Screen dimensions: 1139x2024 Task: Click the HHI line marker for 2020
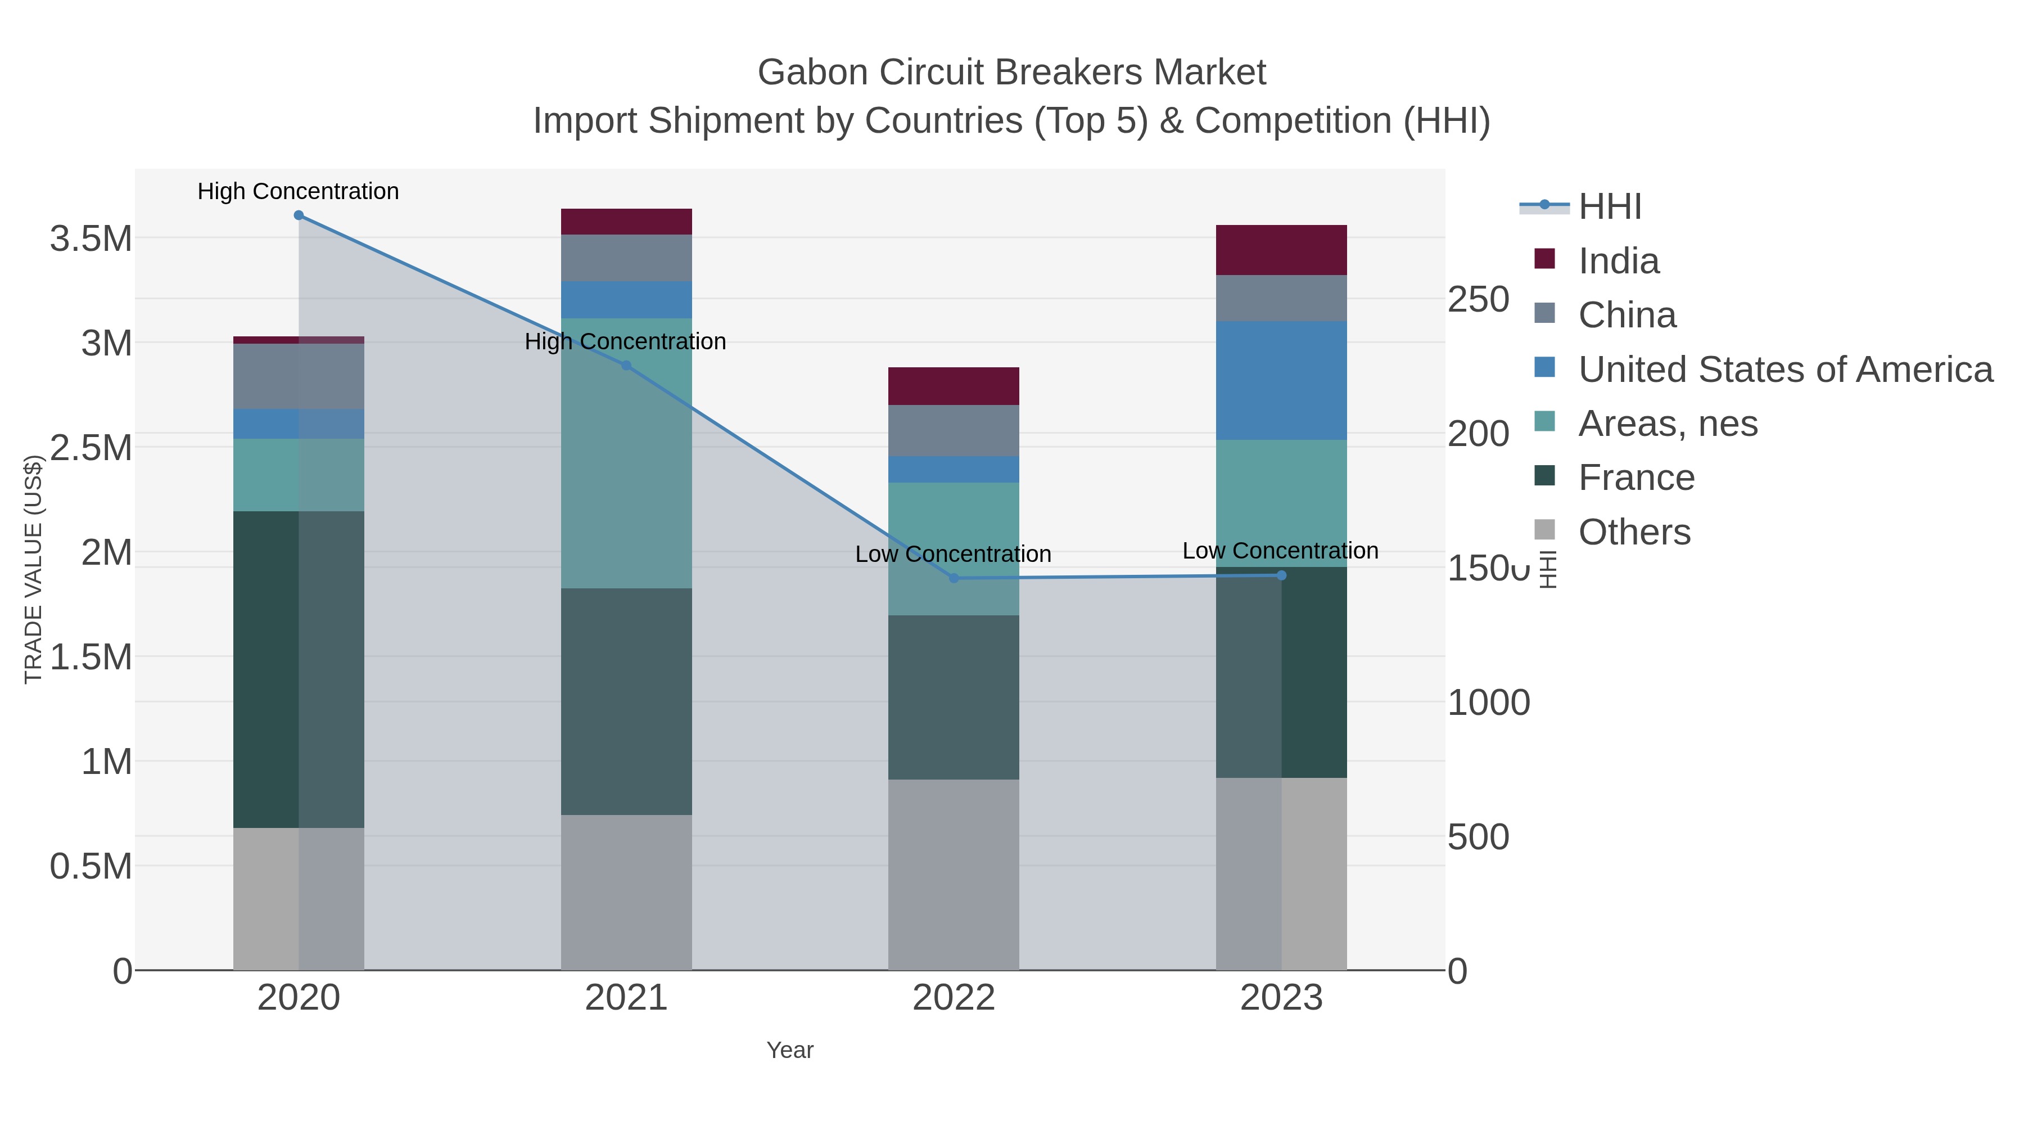pos(299,215)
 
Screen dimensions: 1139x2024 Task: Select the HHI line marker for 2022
pos(954,578)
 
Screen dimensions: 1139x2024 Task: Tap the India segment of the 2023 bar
pos(1281,250)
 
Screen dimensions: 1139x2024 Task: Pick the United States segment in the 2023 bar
pos(1281,380)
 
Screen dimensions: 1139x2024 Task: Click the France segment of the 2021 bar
pos(626,701)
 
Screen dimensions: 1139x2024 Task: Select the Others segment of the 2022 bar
pos(954,874)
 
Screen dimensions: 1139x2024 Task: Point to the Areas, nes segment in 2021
pos(626,453)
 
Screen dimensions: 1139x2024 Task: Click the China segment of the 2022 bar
pos(954,431)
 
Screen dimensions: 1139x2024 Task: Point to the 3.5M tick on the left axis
pos(91,238)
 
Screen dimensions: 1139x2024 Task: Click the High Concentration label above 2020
pos(299,191)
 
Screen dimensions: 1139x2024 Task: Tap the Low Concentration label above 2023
pos(1280,551)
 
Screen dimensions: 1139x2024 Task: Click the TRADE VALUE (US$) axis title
pos(33,569)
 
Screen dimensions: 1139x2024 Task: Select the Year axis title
pos(790,1050)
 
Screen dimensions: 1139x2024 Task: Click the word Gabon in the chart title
pos(812,73)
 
